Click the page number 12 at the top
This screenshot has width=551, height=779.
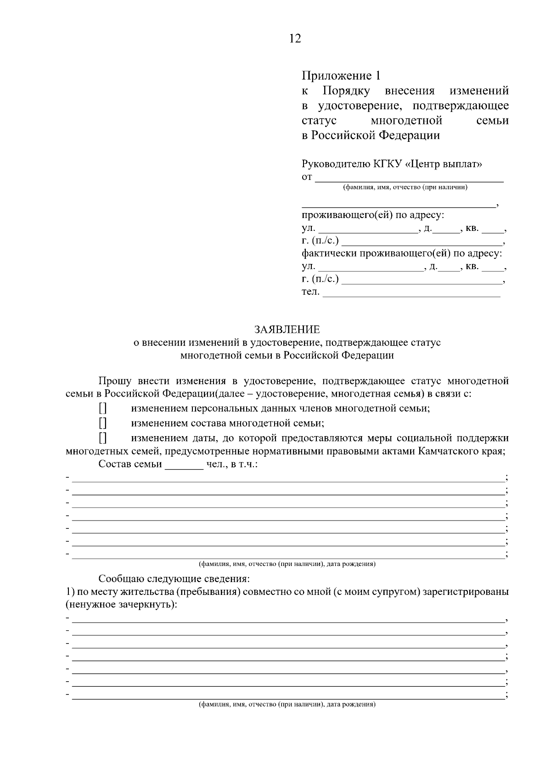pyautogui.click(x=295, y=39)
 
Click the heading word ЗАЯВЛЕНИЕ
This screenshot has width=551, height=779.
pyautogui.click(x=287, y=330)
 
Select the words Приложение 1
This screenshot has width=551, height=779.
pyautogui.click(x=341, y=75)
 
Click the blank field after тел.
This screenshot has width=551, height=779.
pyautogui.click(x=411, y=293)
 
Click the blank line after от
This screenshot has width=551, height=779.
pyautogui.click(x=409, y=178)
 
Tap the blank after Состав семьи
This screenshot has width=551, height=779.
pyautogui.click(x=184, y=465)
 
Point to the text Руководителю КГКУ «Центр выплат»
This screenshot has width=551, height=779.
pyautogui.click(x=392, y=164)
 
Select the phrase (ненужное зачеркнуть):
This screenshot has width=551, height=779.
pyautogui.click(x=122, y=605)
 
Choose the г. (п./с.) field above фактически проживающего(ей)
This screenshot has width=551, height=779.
pyautogui.click(x=422, y=241)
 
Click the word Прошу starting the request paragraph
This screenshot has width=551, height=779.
pyautogui.click(x=115, y=381)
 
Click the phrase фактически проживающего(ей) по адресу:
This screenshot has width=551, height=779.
pyautogui.click(x=402, y=253)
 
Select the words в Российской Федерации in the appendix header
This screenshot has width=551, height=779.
pyautogui.click(x=371, y=135)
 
